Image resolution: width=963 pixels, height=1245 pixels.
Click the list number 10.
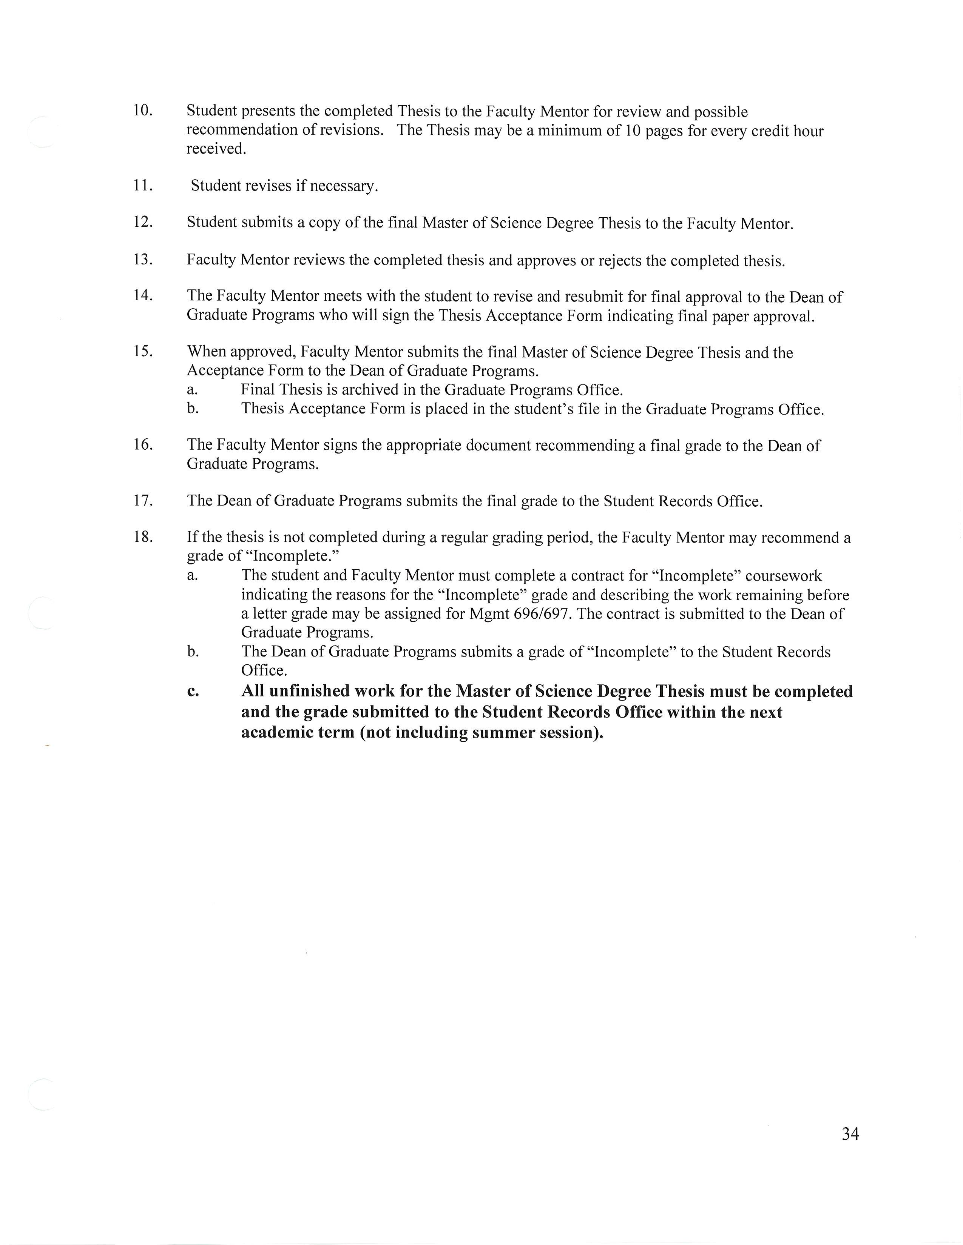click(x=143, y=110)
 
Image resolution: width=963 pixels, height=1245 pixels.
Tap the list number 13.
click(x=143, y=260)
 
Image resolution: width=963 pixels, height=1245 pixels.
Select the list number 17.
click(x=143, y=500)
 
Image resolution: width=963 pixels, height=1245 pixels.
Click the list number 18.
click(x=143, y=536)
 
